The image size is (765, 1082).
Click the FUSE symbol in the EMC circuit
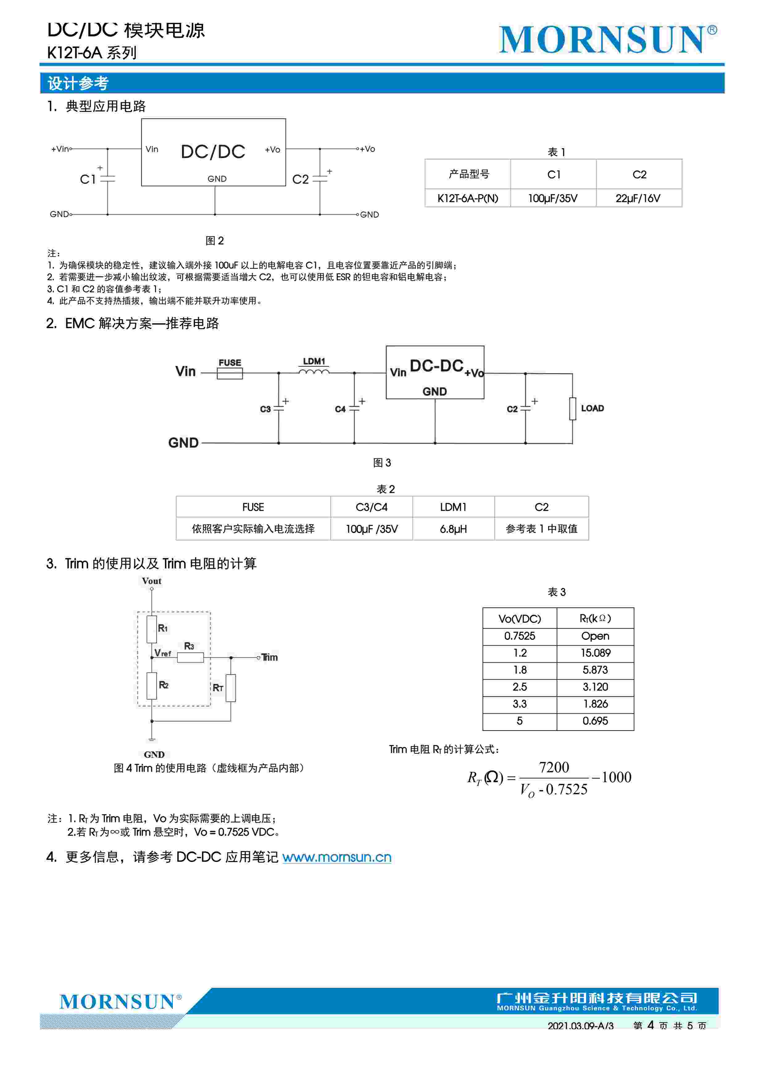point(230,373)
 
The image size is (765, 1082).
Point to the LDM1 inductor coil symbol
point(314,372)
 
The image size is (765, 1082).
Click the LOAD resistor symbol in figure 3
point(572,408)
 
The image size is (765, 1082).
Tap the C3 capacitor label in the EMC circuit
point(265,409)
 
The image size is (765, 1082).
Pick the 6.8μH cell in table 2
point(453,529)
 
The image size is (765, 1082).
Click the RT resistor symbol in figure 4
point(231,688)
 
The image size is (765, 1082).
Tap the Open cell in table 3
point(595,636)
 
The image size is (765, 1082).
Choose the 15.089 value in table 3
point(595,653)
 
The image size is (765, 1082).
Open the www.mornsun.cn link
point(337,857)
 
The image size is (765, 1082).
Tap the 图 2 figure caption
point(215,241)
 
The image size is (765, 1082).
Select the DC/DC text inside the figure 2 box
point(213,152)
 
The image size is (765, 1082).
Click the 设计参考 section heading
point(78,83)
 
